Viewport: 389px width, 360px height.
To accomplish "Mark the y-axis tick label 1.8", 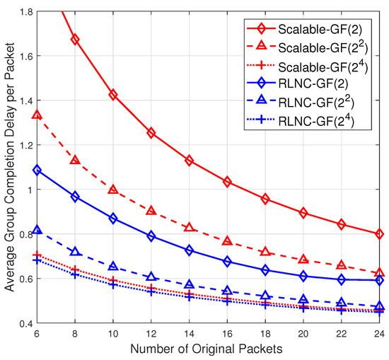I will (25, 12).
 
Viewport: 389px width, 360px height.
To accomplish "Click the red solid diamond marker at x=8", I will (75, 40).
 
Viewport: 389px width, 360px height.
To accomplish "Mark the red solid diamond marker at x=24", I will (380, 233).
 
